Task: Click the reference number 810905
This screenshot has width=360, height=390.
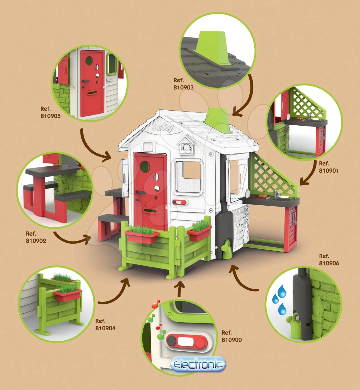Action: click(x=50, y=116)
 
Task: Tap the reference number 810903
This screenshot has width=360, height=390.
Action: click(x=183, y=87)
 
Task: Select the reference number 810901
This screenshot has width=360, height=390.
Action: click(x=329, y=171)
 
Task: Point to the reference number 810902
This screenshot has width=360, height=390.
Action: click(x=36, y=241)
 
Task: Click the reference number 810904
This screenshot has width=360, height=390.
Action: click(x=105, y=328)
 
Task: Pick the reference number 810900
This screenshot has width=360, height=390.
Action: click(x=232, y=340)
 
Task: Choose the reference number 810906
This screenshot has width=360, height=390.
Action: click(x=329, y=263)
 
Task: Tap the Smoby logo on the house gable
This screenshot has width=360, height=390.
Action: click(x=163, y=128)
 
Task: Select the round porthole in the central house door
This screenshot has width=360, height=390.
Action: click(x=145, y=167)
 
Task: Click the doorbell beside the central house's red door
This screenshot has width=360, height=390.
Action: click(x=179, y=202)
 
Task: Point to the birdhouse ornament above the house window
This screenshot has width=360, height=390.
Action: click(x=186, y=145)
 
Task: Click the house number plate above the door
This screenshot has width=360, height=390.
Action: click(x=148, y=147)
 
